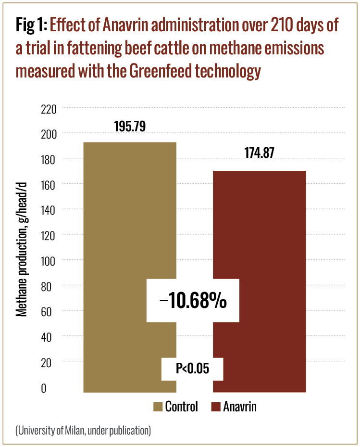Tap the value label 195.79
point(130,126)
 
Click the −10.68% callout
point(193,301)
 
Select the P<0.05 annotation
point(192,369)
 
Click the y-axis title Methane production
point(21,241)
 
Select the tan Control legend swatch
point(158,407)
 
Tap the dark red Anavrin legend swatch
point(216,407)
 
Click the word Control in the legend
point(182,407)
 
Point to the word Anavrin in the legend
point(240,407)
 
